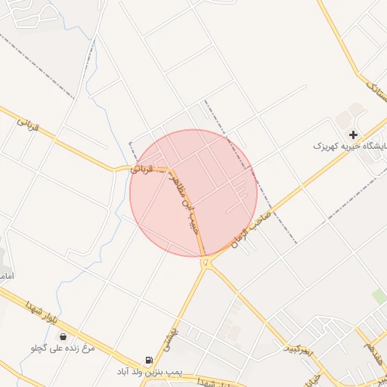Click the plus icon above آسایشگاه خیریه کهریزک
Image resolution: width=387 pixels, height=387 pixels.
pos(353,134)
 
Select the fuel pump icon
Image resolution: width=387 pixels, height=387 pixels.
pos(148,361)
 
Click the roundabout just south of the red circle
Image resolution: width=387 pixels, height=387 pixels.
pos(206,262)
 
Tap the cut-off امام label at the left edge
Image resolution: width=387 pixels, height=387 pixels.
pos(5,277)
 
